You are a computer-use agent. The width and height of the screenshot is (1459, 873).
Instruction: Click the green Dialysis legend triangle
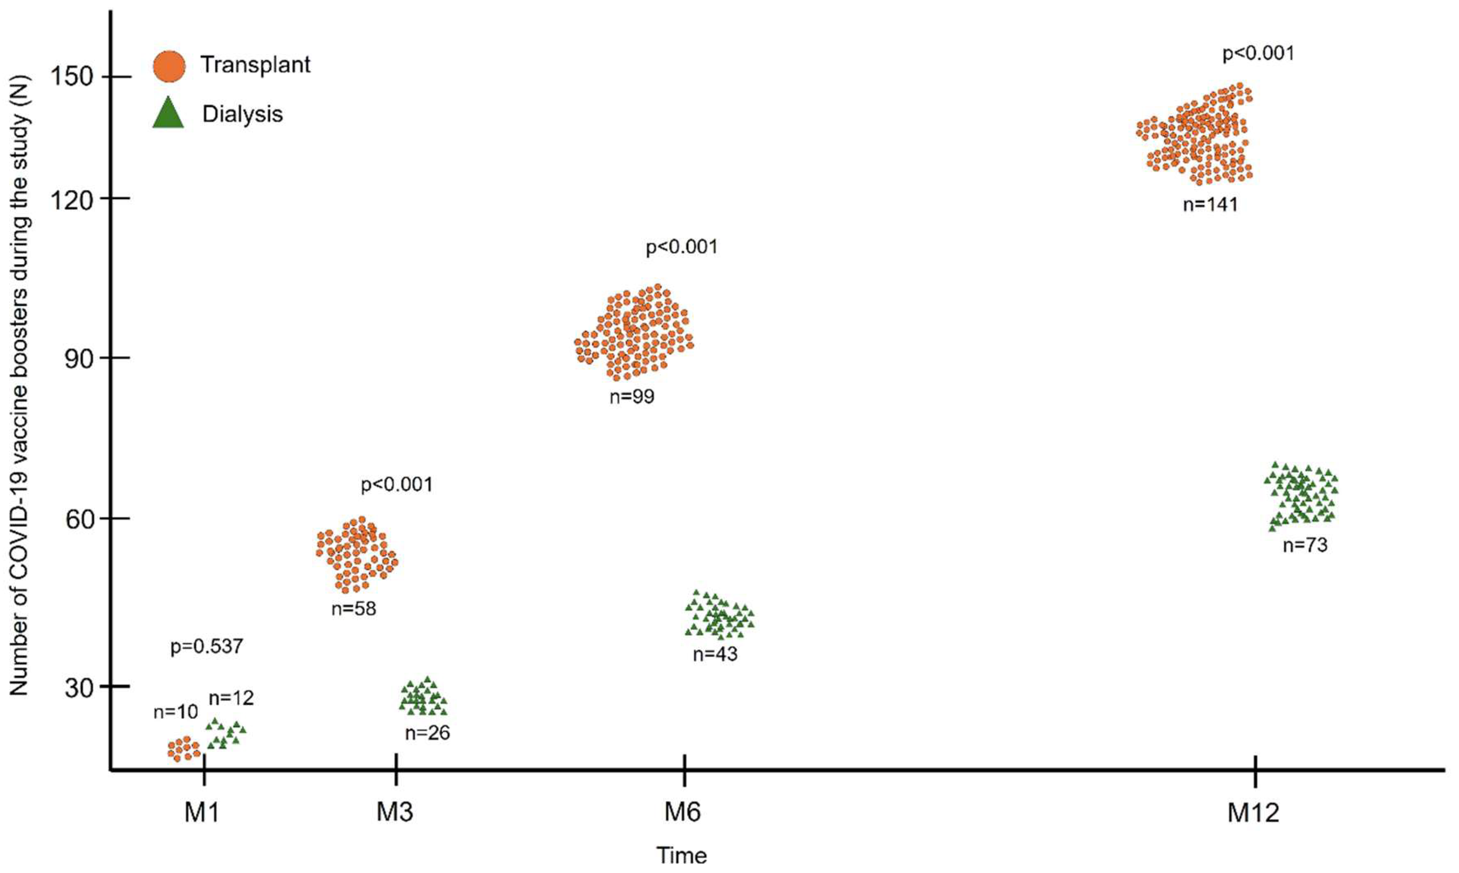click(x=168, y=113)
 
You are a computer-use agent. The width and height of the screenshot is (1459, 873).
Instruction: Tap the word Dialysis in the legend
click(x=242, y=114)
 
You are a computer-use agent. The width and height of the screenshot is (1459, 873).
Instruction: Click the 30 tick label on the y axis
click(x=79, y=686)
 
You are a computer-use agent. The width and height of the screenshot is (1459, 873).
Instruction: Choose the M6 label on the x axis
click(x=682, y=813)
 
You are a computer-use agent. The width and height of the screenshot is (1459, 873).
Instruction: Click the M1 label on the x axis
click(x=202, y=813)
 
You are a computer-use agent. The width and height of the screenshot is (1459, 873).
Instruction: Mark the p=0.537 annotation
click(x=206, y=647)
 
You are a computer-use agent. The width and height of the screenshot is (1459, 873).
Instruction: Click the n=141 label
click(x=1210, y=205)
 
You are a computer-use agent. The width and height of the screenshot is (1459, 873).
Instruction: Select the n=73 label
click(x=1304, y=545)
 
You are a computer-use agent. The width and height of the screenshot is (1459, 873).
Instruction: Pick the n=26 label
click(x=427, y=733)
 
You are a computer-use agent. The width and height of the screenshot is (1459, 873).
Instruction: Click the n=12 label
click(x=231, y=698)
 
